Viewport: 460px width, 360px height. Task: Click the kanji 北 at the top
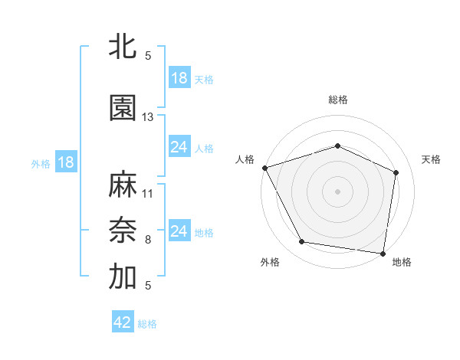(122, 47)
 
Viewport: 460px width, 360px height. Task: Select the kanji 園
(122, 108)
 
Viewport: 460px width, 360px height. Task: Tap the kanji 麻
(122, 185)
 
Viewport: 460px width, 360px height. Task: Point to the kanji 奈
(122, 231)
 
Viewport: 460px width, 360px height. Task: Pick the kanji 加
(122, 277)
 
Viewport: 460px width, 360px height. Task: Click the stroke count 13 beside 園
(148, 117)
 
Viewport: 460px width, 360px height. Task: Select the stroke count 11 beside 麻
(148, 193)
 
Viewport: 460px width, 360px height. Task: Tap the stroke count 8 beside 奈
(148, 240)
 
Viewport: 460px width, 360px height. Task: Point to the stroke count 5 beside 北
(148, 56)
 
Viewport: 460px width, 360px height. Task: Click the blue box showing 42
(123, 322)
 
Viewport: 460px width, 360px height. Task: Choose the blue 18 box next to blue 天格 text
(179, 78)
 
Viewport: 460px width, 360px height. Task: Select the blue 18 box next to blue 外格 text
(65, 162)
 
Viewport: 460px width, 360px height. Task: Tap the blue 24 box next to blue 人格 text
(179, 147)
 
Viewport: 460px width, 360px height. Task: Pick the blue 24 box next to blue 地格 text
(179, 231)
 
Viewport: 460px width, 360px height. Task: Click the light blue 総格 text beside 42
(147, 324)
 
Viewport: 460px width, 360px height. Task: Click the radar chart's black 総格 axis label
(337, 100)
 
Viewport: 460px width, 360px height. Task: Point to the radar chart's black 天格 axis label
(431, 159)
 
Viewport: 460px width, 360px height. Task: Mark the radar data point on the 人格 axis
(264, 168)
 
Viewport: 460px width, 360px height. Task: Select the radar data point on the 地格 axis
(383, 253)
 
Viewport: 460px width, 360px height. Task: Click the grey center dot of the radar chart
(337, 191)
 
